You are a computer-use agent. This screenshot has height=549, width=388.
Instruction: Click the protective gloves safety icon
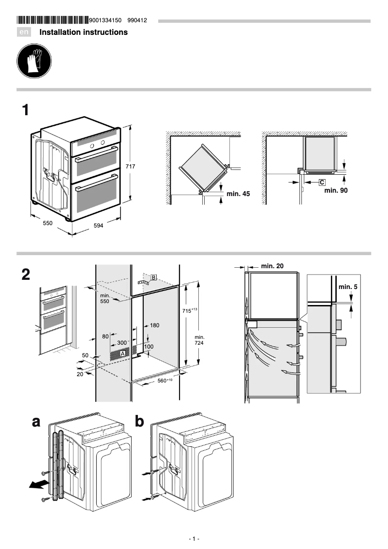click(x=34, y=62)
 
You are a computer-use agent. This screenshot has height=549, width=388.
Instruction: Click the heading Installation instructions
click(x=83, y=32)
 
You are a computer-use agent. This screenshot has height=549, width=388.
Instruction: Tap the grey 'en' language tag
click(x=24, y=32)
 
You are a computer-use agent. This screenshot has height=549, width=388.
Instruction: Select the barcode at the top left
click(x=53, y=20)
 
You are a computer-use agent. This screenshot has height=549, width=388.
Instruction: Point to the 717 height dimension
click(x=130, y=166)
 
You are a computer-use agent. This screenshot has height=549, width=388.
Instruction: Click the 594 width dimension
click(x=98, y=226)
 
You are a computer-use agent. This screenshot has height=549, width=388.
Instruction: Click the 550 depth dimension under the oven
click(x=47, y=223)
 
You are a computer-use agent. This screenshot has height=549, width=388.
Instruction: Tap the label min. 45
click(x=238, y=194)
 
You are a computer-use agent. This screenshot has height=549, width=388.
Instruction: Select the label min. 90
click(x=335, y=190)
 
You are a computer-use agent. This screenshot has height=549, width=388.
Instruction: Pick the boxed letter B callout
click(x=153, y=277)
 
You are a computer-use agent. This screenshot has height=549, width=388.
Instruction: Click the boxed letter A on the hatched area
click(x=122, y=354)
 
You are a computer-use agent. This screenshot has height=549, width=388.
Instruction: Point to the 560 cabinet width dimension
click(x=165, y=381)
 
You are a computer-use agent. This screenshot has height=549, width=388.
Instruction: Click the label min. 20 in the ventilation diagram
click(x=272, y=266)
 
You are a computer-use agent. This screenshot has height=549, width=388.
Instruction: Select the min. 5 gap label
click(x=348, y=287)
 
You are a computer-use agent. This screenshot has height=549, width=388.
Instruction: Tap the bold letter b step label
click(x=139, y=422)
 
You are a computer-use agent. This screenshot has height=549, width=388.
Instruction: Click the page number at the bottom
click(x=194, y=539)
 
